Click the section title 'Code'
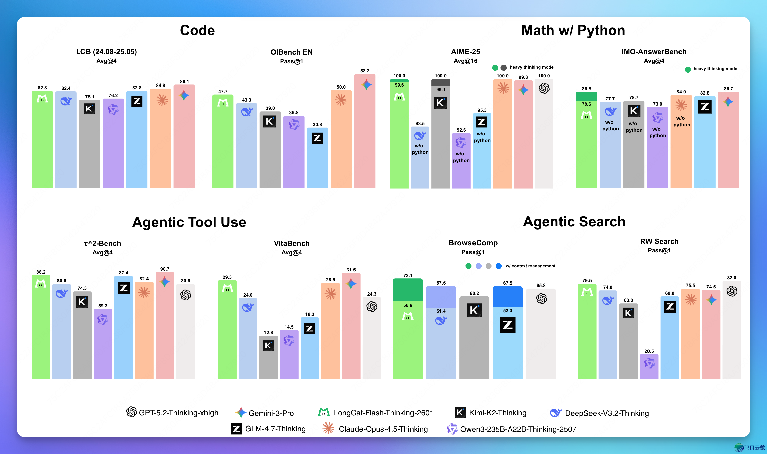click(197, 30)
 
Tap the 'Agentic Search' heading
click(574, 221)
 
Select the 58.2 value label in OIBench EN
click(365, 71)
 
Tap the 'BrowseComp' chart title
click(473, 243)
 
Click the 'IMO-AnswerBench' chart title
click(654, 52)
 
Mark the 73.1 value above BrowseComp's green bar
click(408, 275)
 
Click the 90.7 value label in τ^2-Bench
click(165, 269)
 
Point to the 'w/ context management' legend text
click(530, 266)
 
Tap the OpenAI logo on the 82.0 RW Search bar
click(732, 291)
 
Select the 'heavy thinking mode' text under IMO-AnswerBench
click(715, 69)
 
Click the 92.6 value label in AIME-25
click(461, 130)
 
